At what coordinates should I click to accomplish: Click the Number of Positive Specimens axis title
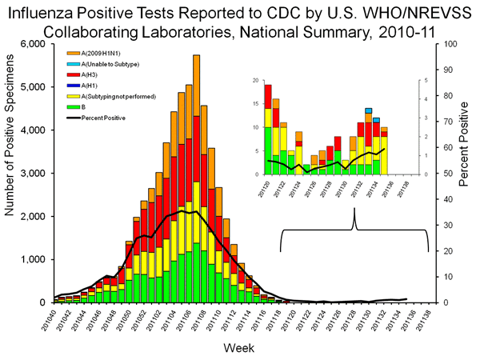(x=11, y=174)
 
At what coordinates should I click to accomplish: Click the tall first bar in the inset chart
(x=268, y=129)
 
